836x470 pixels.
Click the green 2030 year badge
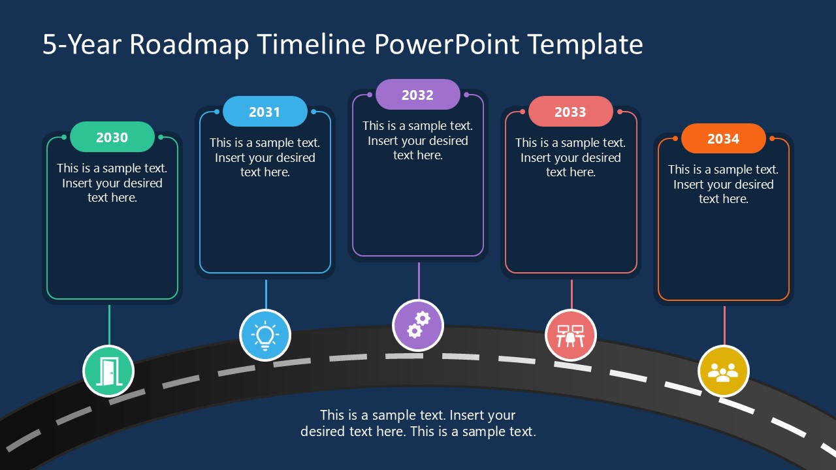tap(112, 137)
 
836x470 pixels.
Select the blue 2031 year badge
tap(265, 112)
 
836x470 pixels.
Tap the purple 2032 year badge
tap(417, 95)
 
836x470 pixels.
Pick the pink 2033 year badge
tap(570, 112)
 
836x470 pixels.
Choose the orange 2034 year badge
tap(723, 138)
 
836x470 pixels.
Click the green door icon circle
tap(108, 371)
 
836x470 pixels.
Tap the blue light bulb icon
tap(265, 335)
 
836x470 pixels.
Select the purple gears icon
tap(418, 324)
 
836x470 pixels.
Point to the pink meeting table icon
tap(570, 335)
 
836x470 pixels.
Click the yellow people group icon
tap(723, 371)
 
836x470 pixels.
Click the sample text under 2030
tap(112, 183)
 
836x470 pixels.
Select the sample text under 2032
tap(417, 140)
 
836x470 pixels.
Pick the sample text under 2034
tap(723, 184)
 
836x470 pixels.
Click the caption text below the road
tap(418, 423)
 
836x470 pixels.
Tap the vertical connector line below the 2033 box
tap(571, 294)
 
